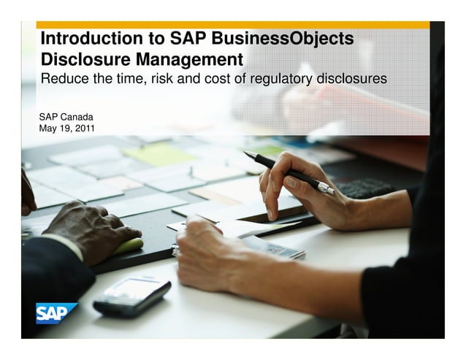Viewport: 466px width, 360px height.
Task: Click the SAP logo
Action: (x=57, y=313)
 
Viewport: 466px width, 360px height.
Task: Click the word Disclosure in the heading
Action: (x=80, y=58)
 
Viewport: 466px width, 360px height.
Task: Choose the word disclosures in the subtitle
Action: (x=352, y=78)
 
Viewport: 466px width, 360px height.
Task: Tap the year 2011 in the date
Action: (x=83, y=129)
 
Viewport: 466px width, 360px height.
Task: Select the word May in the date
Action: (x=49, y=129)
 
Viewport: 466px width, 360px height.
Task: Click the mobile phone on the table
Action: (x=131, y=295)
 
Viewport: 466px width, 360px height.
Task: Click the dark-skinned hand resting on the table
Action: (x=88, y=232)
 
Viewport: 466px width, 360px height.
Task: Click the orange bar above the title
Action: (x=234, y=25)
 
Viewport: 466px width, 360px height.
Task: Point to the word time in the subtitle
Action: (x=129, y=78)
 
